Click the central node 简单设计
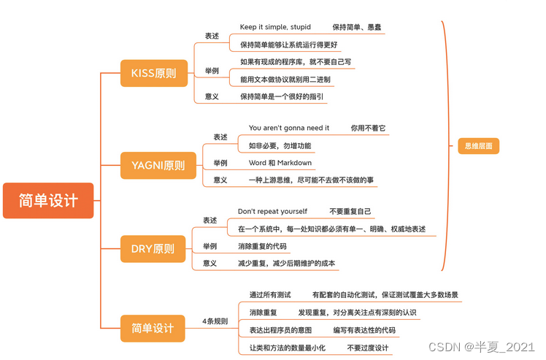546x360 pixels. [48, 200]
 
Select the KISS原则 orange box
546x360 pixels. [153, 72]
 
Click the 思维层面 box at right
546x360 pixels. [478, 146]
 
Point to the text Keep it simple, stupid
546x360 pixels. [274, 27]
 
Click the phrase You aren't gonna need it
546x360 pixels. [289, 128]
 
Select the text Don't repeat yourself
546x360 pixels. [272, 211]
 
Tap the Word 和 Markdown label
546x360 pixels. [280, 163]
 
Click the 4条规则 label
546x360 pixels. [215, 321]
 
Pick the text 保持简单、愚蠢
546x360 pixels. [357, 27]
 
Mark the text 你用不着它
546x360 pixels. [368, 128]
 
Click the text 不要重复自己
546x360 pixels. [350, 211]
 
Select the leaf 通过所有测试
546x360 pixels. [270, 294]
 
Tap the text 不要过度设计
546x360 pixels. [368, 347]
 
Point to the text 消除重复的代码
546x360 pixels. [262, 246]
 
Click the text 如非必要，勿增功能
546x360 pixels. [280, 145]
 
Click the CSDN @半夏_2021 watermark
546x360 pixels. [482, 347]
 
